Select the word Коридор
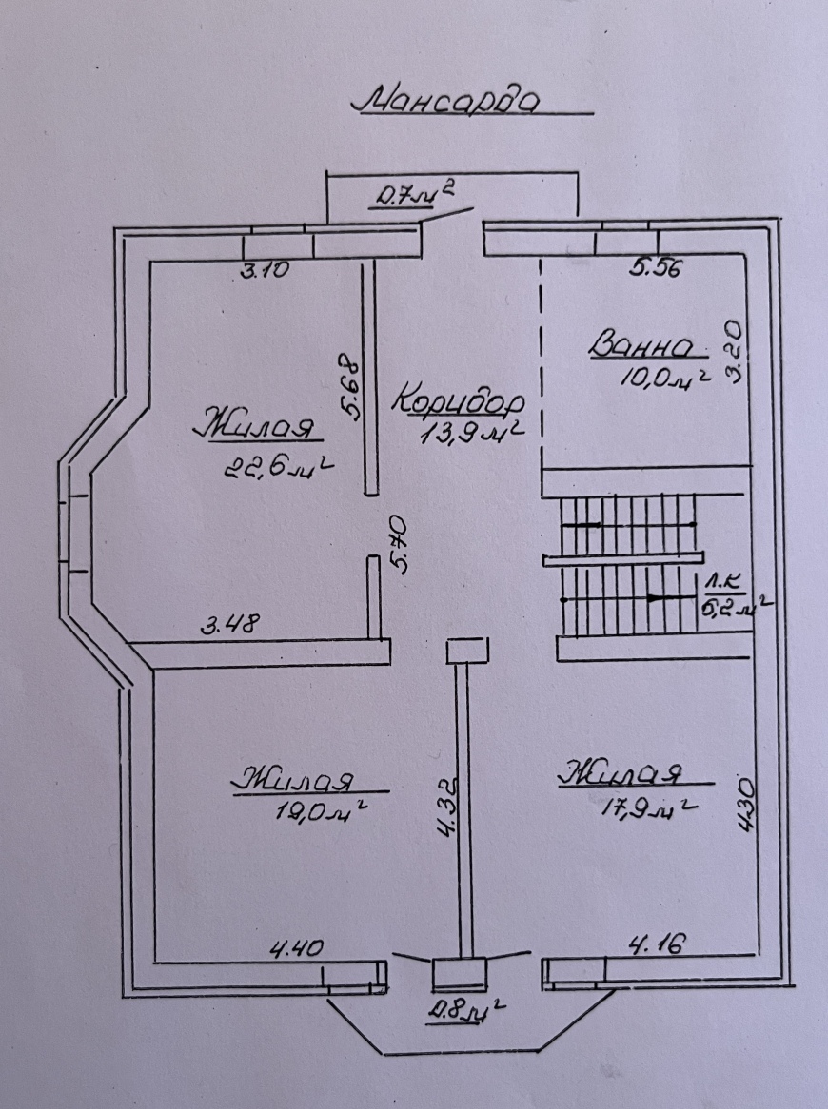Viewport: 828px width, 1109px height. pyautogui.click(x=460, y=401)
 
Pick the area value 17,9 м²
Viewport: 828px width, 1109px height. pyautogui.click(x=648, y=806)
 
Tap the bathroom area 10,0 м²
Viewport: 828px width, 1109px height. pyautogui.click(x=664, y=377)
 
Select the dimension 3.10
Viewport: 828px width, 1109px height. pyautogui.click(x=266, y=269)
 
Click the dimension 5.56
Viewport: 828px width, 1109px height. pyautogui.click(x=655, y=267)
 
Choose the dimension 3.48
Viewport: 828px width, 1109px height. pyautogui.click(x=230, y=624)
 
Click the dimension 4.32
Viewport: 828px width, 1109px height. pyautogui.click(x=448, y=808)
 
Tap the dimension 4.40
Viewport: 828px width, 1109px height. pyautogui.click(x=297, y=947)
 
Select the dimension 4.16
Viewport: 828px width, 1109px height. pyautogui.click(x=657, y=944)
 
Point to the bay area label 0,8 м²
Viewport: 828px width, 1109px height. pyautogui.click(x=466, y=1011)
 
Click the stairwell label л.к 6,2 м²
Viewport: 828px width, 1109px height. pyautogui.click(x=733, y=594)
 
